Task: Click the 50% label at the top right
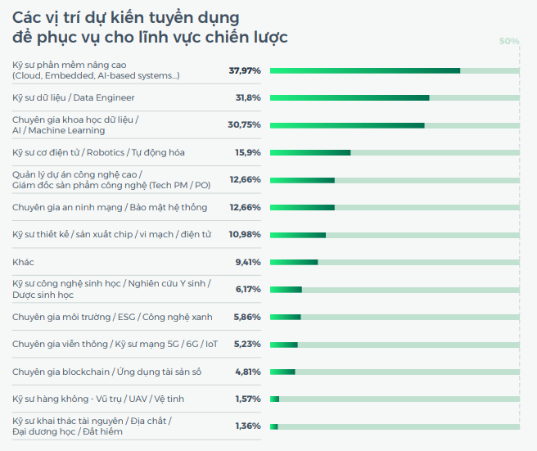(x=509, y=41)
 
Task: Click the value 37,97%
(x=245, y=70)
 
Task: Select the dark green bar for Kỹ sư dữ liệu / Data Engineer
(x=350, y=98)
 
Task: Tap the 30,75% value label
(x=244, y=125)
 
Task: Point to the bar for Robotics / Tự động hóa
(x=310, y=152)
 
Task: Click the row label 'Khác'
(x=23, y=262)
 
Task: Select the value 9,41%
(x=247, y=262)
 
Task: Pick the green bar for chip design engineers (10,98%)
(x=298, y=235)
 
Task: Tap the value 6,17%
(x=247, y=289)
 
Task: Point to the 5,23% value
(x=247, y=345)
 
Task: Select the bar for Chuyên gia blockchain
(x=282, y=372)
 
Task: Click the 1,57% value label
(x=247, y=399)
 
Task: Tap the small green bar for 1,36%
(x=274, y=426)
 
